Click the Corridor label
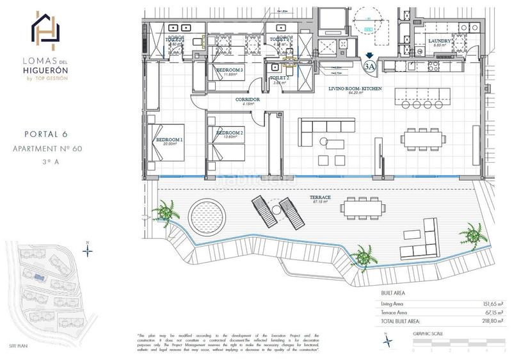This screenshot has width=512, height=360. [246, 101]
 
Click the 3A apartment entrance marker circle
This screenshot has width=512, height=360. [369, 65]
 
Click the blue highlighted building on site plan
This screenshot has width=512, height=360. [40, 278]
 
